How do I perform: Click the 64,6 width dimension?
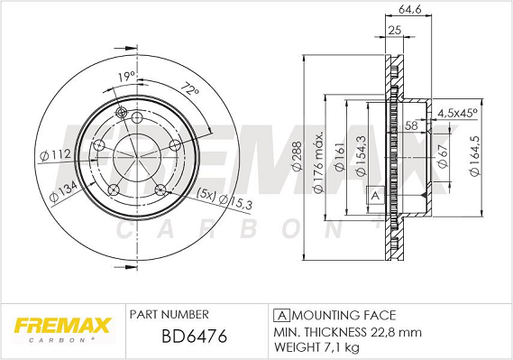[409, 10]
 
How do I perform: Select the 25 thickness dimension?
[395, 30]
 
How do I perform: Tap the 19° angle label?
[126, 77]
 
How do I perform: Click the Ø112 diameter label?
[55, 155]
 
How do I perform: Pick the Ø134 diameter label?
[63, 191]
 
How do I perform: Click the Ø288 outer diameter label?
[297, 156]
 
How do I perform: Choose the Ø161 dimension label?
[340, 156]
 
